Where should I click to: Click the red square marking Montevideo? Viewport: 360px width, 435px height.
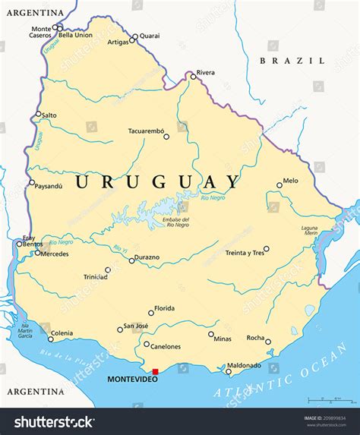(x=155, y=372)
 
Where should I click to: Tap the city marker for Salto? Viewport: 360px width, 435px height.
(x=39, y=115)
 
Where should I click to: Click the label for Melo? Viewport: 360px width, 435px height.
(x=290, y=181)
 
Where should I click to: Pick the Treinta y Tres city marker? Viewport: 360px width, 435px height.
(x=266, y=248)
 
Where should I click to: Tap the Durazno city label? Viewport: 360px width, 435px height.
(x=147, y=257)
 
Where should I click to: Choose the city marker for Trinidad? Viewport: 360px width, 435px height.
(x=108, y=270)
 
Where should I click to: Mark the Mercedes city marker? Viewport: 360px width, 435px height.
(x=36, y=253)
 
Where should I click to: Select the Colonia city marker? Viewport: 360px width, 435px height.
(x=51, y=339)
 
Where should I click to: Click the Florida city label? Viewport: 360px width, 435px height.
(x=164, y=309)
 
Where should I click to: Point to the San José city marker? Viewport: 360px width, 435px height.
(x=120, y=329)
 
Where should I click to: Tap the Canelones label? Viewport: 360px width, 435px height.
(x=166, y=347)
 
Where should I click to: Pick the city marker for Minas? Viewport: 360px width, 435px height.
(x=211, y=334)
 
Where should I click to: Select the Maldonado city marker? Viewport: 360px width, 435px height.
(x=228, y=371)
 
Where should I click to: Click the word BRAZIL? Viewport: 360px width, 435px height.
(x=292, y=61)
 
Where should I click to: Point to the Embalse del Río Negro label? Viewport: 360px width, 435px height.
(x=175, y=222)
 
